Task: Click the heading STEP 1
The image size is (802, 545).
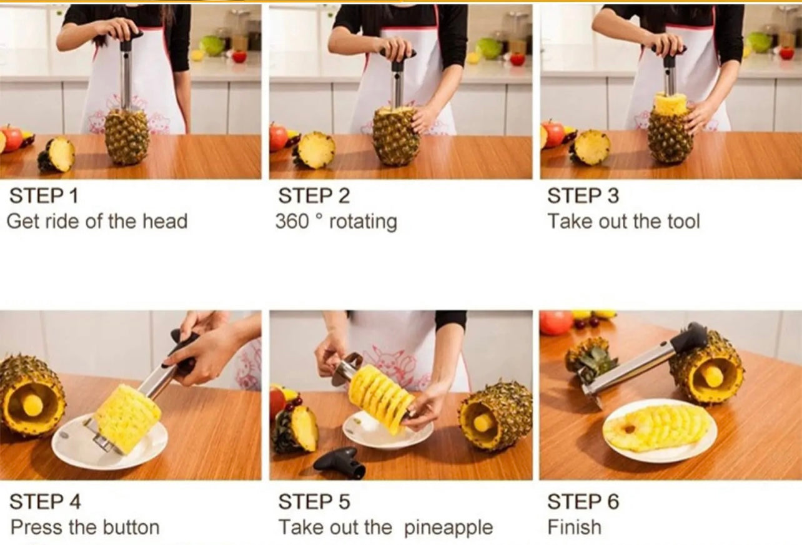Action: point(44,196)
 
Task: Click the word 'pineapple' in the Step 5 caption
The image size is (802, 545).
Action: point(448,528)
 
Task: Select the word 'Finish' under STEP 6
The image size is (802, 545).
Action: point(574,527)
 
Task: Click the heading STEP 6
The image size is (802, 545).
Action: point(583,501)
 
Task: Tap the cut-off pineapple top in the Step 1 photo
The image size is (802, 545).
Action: point(57,155)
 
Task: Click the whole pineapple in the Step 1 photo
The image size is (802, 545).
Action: point(127,136)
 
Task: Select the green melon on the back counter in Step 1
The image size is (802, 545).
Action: point(212,45)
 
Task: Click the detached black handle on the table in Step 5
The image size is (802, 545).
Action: point(340,462)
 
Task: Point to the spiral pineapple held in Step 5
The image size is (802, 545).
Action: point(380,396)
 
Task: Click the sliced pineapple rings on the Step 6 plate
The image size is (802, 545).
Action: point(657,428)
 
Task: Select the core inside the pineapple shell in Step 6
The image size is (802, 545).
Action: point(713,376)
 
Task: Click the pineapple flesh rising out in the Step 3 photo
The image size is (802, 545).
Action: point(670,104)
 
